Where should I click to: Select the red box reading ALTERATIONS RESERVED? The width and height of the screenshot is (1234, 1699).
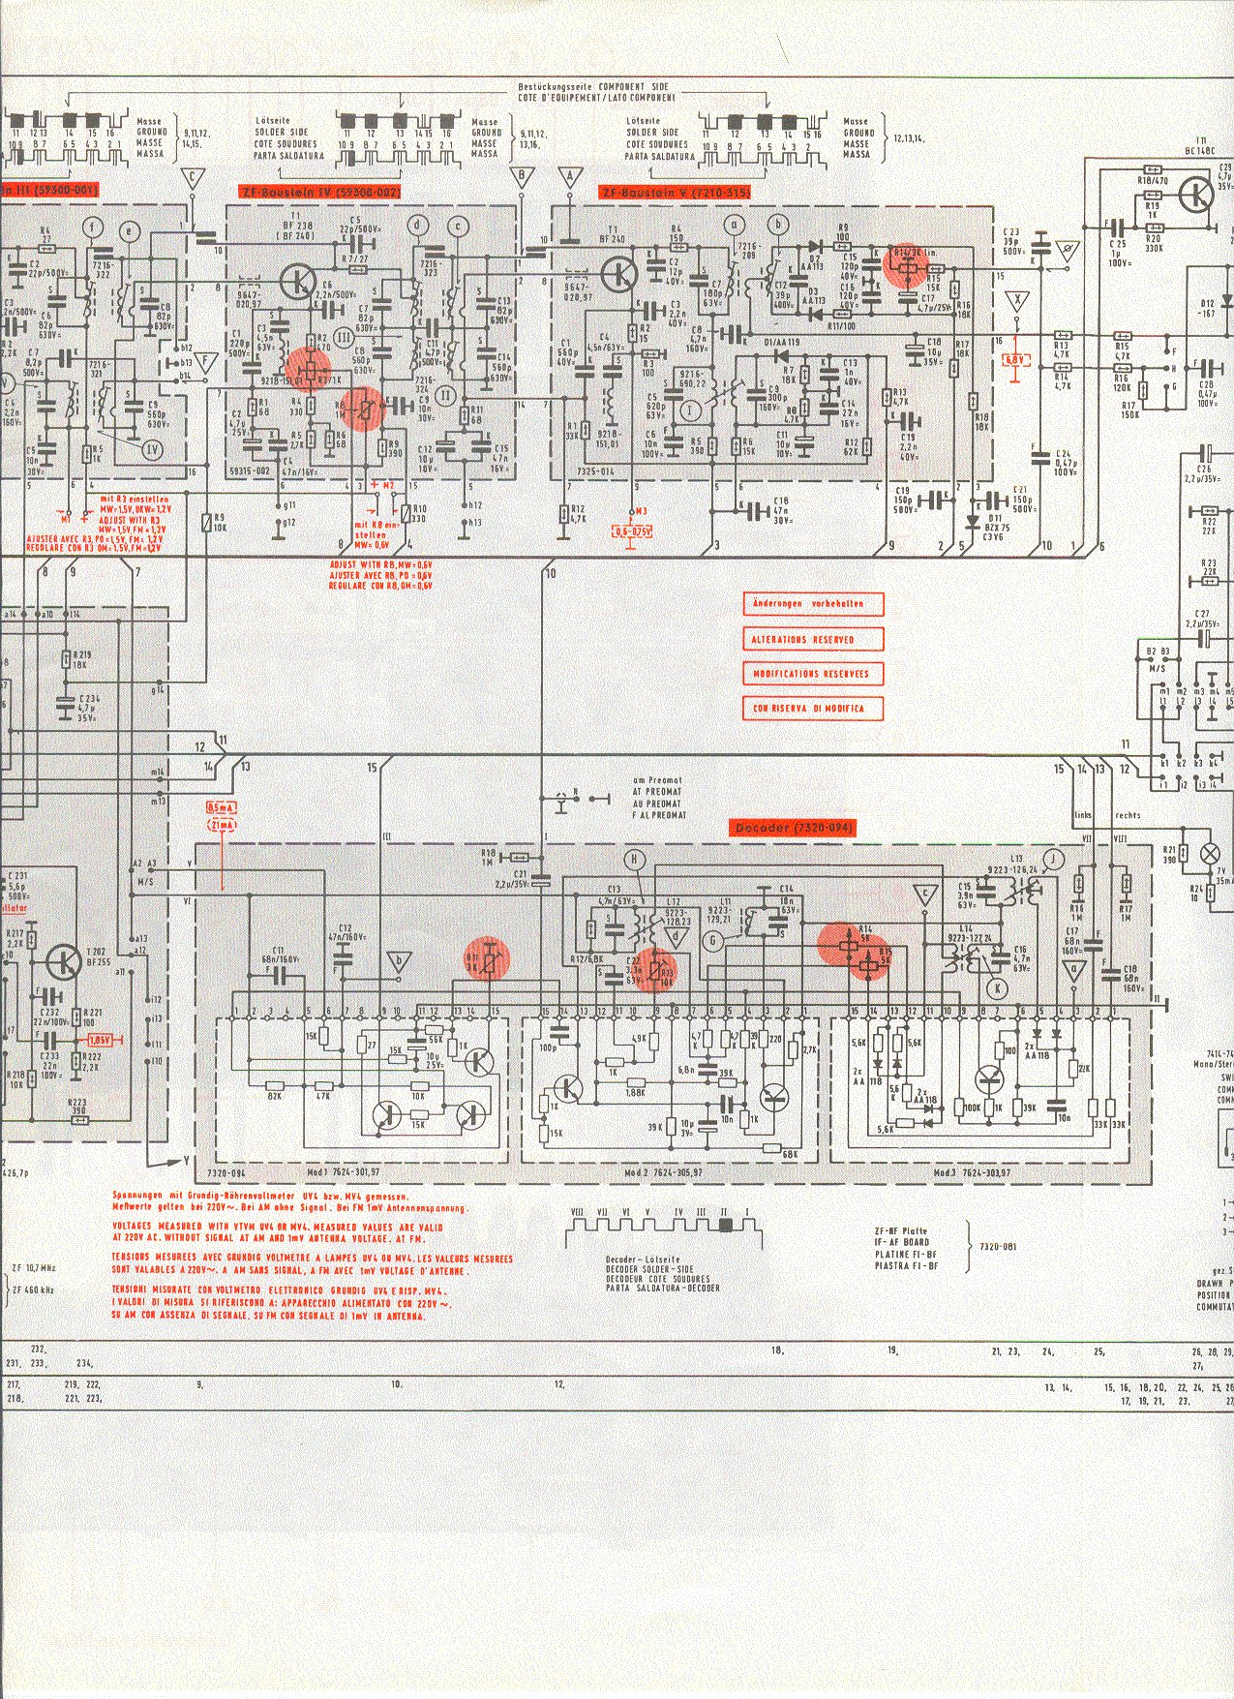(813, 639)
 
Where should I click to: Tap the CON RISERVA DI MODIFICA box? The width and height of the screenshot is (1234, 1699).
(813, 709)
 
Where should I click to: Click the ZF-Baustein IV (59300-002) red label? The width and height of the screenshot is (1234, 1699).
(318, 193)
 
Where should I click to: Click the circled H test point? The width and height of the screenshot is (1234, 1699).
(634, 859)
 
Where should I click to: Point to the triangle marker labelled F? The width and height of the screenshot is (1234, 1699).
(205, 362)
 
